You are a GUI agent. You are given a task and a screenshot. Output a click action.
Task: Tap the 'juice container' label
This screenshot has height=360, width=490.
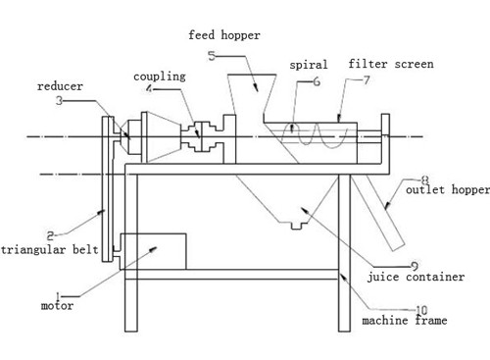[x=415, y=278]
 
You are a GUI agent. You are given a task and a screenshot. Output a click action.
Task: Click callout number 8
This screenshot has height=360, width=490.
[x=424, y=180]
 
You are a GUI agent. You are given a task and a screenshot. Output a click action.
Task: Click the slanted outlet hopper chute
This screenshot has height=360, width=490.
[x=380, y=215]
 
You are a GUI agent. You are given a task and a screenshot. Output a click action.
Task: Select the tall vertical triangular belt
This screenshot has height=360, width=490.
[x=105, y=186]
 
